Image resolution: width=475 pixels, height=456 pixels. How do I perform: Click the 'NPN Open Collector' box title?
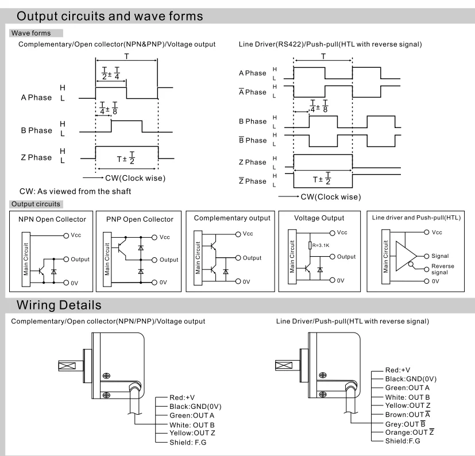point(52,219)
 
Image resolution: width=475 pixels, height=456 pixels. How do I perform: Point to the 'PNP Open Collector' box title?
point(140,219)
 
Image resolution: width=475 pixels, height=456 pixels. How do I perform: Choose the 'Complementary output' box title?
point(231,218)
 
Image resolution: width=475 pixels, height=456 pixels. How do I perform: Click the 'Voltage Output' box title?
point(319,218)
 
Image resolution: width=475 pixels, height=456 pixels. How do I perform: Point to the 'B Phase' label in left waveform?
point(36,130)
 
